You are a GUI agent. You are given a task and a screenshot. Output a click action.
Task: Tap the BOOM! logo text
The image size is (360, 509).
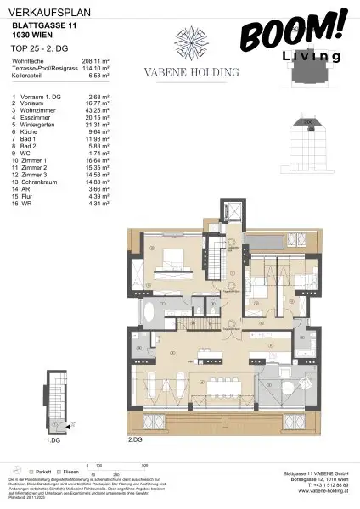(x=292, y=31)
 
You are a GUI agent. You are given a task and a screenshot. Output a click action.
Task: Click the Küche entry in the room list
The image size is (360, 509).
(x=25, y=134)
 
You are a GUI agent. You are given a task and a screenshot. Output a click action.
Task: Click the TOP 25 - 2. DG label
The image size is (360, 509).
(x=30, y=48)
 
